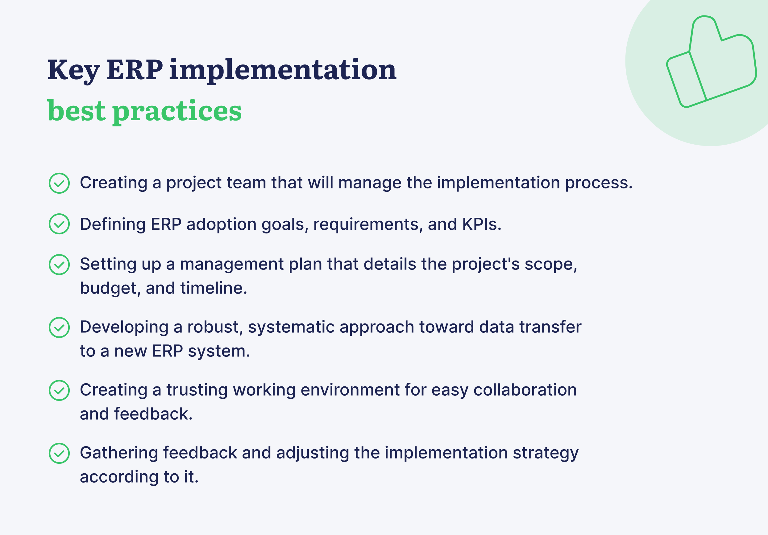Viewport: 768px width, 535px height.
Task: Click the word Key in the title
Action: point(73,70)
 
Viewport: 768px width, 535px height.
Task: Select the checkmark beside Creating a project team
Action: point(59,183)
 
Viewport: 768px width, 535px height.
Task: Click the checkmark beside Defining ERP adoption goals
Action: point(59,224)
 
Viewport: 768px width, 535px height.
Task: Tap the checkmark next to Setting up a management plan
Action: point(59,265)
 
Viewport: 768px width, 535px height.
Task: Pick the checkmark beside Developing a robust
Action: point(59,328)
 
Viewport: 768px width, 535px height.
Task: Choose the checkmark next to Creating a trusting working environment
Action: point(59,391)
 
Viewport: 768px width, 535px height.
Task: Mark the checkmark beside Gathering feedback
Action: point(59,453)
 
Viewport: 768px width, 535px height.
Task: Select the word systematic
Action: point(291,327)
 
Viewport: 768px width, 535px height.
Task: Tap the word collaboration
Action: point(525,390)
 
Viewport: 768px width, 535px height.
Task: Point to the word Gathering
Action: point(119,453)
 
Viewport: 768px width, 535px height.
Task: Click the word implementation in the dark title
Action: point(283,70)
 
